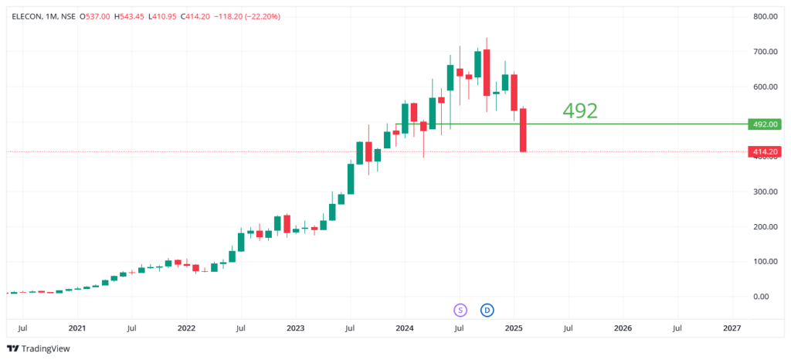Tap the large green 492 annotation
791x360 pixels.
point(580,111)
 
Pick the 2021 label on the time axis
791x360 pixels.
point(76,328)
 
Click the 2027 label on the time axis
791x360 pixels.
point(732,328)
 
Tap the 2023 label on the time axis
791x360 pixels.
point(295,328)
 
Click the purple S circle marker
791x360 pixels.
point(460,311)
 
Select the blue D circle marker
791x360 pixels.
point(487,311)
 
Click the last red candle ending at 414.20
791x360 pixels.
point(523,130)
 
